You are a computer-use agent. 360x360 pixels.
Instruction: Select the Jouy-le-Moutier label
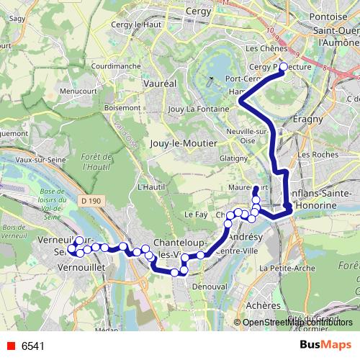point(184,143)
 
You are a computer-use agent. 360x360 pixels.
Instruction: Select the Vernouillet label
point(80,266)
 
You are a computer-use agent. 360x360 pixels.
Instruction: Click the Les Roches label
point(314,154)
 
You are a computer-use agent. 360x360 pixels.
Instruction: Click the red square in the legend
point(10,346)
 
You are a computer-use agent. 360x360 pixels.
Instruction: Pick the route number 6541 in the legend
point(32,346)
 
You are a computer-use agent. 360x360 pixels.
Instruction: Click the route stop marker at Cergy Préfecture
point(283,67)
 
